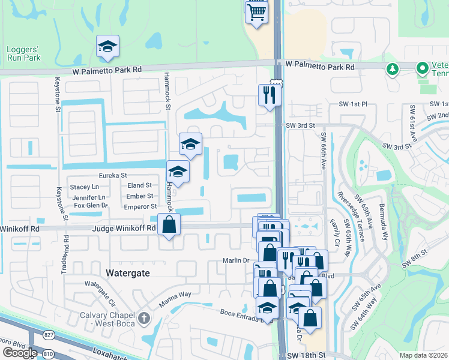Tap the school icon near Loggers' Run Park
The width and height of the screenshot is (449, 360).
pyautogui.click(x=108, y=47)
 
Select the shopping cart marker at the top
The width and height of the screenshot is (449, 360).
pyautogui.click(x=256, y=12)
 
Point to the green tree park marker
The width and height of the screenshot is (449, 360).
pyautogui.click(x=393, y=69)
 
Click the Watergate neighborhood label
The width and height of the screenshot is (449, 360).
pyautogui.click(x=127, y=272)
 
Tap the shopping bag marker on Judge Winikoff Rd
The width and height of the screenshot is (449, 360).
pyautogui.click(x=169, y=226)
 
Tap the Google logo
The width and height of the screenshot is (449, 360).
pyautogui.click(x=19, y=353)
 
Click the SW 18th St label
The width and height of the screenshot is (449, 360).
pyautogui.click(x=306, y=355)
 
